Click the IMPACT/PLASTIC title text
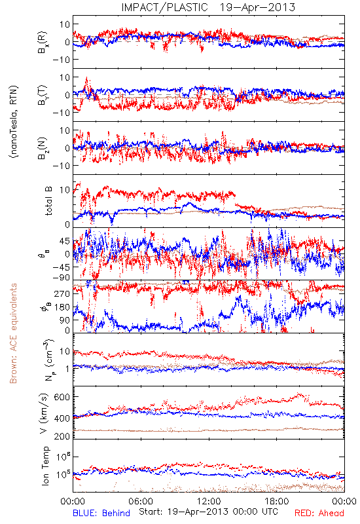tap(164, 7)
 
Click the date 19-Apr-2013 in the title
tap(257, 7)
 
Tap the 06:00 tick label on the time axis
tap(141, 501)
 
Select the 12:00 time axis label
tap(209, 501)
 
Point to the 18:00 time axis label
tap(277, 501)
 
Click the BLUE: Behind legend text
tap(101, 513)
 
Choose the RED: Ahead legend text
tap(319, 513)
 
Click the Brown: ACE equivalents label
tap(13, 333)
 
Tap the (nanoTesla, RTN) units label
tap(14, 121)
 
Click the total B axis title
tap(48, 201)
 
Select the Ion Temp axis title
tap(45, 466)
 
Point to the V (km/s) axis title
tap(44, 413)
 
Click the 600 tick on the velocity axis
tap(62, 397)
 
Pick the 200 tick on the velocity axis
tap(62, 436)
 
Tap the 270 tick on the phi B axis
tap(62, 293)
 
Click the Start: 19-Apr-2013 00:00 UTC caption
tap(208, 512)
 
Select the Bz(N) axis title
tap(43, 148)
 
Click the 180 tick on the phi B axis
tap(62, 307)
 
